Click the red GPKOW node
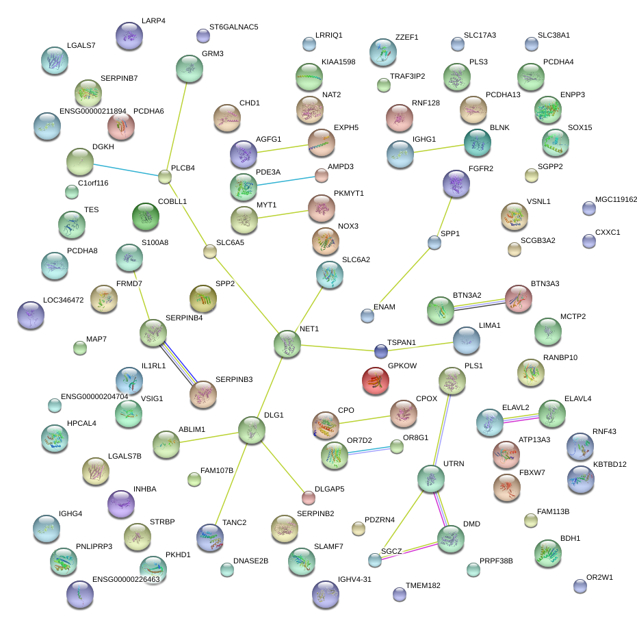[376, 381]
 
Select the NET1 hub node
[287, 344]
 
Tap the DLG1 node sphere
[252, 431]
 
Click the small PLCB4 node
[165, 177]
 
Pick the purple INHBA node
[122, 504]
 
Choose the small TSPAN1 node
[381, 352]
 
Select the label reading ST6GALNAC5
[233, 27]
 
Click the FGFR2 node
[456, 183]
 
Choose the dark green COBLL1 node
[145, 217]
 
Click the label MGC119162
[616, 200]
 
